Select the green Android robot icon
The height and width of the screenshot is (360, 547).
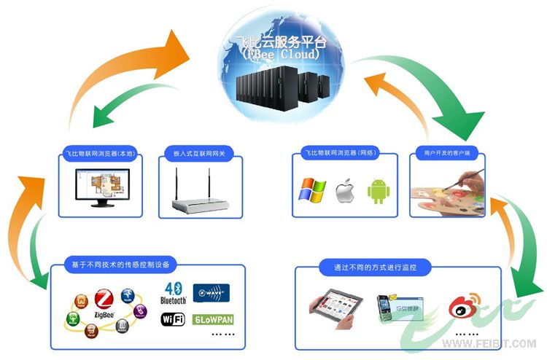point(378,192)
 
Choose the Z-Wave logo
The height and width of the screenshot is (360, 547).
point(212,294)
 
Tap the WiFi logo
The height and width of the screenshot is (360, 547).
point(172,319)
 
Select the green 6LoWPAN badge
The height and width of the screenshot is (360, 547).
point(212,319)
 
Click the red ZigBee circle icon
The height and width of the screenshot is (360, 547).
point(103,298)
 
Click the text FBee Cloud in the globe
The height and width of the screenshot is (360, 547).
point(280,55)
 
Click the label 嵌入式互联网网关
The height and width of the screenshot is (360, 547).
point(196,154)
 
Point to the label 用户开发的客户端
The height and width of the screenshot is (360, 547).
point(447,154)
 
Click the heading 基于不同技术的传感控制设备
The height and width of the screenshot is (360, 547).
point(120,263)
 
